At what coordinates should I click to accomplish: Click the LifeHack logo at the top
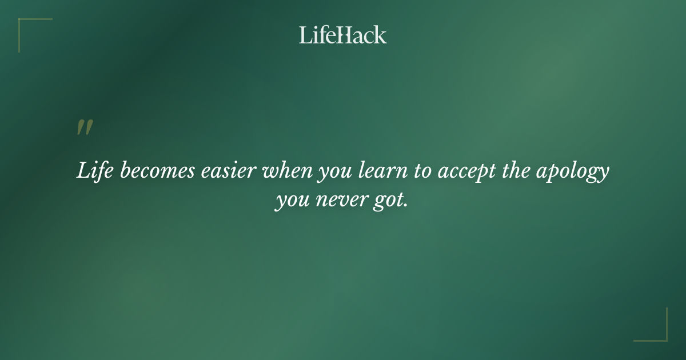[x=343, y=35]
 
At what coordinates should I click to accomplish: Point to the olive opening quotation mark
[x=85, y=128]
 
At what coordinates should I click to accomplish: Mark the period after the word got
[x=406, y=207]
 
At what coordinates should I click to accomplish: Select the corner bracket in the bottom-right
[x=663, y=337]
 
